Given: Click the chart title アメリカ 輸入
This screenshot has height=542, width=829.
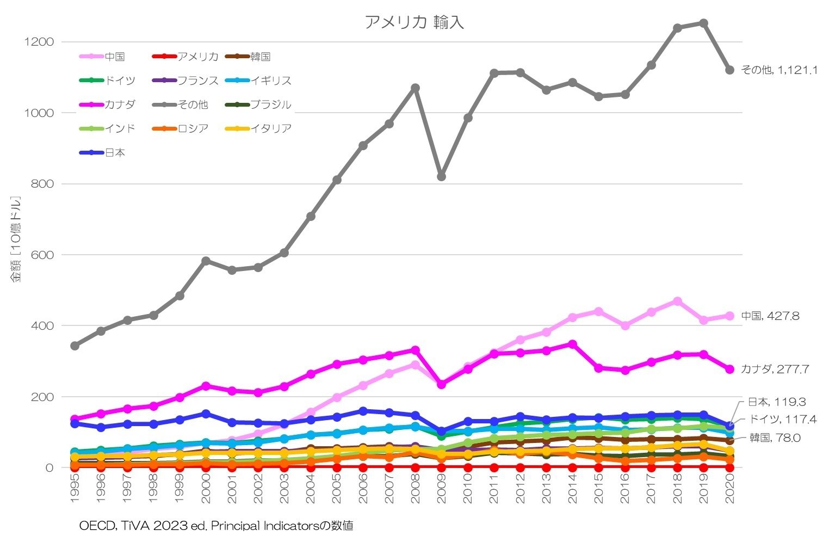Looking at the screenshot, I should tap(414, 22).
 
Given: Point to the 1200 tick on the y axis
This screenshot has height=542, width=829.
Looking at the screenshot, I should tap(42, 42).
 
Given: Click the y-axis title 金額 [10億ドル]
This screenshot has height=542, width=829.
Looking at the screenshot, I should tap(16, 239).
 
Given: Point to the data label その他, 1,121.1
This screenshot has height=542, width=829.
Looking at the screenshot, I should tap(779, 70).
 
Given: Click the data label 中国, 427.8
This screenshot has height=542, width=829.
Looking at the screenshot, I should tap(770, 316).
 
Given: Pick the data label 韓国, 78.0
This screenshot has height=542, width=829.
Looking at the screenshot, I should tap(775, 438).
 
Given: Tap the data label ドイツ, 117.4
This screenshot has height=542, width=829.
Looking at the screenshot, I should tap(782, 420).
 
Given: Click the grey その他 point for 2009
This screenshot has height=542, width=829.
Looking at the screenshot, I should tap(441, 176).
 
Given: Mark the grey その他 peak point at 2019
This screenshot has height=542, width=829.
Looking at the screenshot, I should tap(703, 23).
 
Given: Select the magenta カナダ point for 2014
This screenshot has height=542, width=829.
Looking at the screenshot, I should tap(572, 344).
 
